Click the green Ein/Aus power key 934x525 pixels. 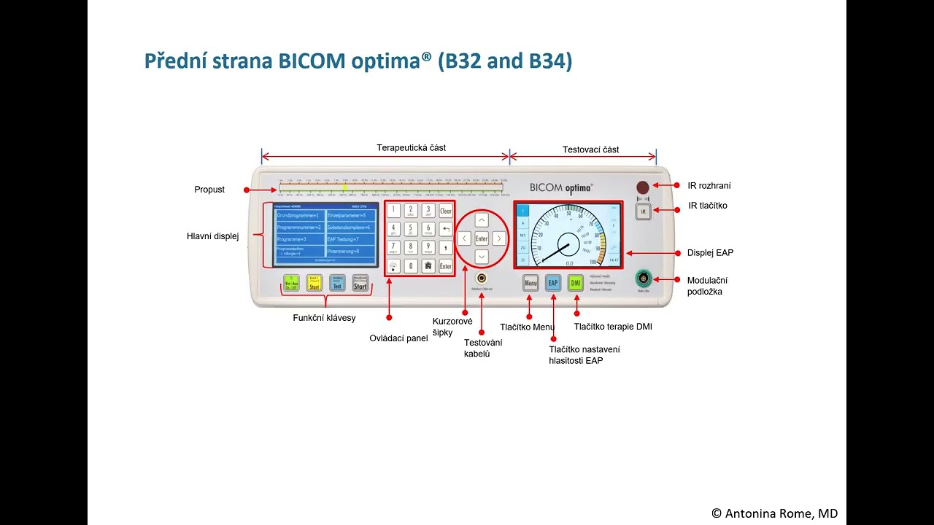pos(291,284)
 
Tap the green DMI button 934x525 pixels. pos(576,283)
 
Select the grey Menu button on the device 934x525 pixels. pos(530,283)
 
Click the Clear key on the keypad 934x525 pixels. pos(445,211)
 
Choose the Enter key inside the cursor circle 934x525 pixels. pos(482,238)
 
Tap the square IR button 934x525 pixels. pos(643,211)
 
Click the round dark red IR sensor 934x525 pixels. pos(643,187)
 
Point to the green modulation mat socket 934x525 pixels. pos(643,278)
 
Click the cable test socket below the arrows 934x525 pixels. pos(482,279)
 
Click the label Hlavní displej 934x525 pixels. pos(213,236)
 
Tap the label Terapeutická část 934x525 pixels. pos(411,148)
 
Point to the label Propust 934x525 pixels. pos(209,190)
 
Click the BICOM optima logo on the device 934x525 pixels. pos(561,187)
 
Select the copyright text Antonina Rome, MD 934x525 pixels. pos(774,513)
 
